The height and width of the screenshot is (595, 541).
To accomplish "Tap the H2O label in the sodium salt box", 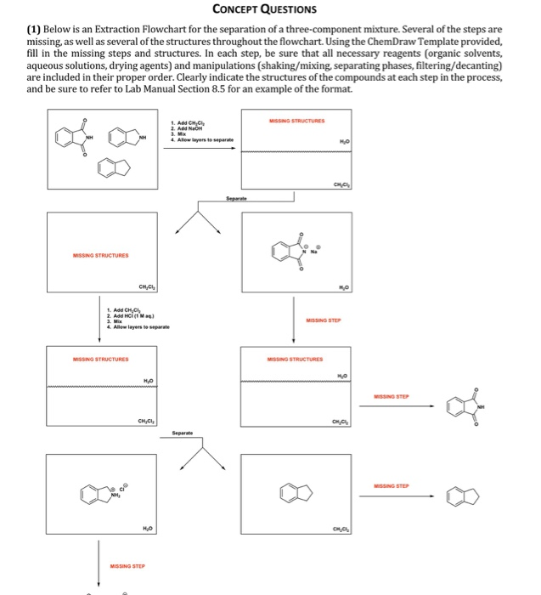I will tap(342, 286).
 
